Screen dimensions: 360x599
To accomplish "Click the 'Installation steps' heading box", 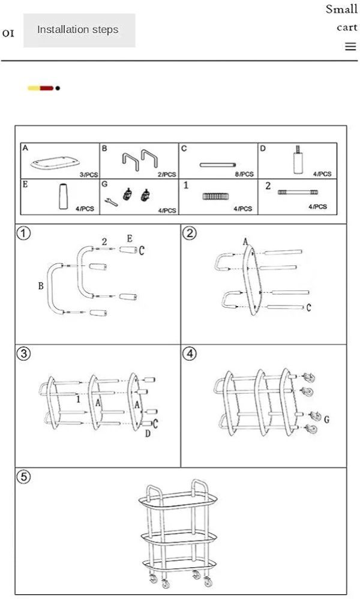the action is [x=79, y=31].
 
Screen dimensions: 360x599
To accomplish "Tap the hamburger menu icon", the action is [x=350, y=47].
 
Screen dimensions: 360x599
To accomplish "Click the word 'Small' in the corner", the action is [x=341, y=9].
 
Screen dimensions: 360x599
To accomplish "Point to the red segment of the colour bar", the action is [x=47, y=88].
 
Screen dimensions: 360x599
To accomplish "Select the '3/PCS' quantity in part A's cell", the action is [x=89, y=175].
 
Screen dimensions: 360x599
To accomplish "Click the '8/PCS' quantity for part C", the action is [x=244, y=174].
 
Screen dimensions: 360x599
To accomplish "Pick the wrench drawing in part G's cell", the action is [x=111, y=202].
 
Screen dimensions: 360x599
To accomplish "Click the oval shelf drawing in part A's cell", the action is [x=55, y=163].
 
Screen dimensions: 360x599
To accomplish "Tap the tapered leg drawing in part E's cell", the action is [x=64, y=196].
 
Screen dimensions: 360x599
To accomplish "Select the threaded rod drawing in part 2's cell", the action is [x=298, y=192].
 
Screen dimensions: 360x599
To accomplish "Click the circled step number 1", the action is [x=23, y=233].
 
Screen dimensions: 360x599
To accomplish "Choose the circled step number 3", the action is [x=23, y=354].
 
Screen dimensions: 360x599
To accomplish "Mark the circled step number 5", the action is [x=23, y=477].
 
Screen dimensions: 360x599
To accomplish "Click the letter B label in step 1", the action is [x=41, y=286].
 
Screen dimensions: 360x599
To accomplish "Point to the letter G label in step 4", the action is [x=327, y=420].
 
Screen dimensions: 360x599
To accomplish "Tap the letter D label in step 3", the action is [x=148, y=433].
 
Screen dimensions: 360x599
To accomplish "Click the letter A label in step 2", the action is [x=245, y=241].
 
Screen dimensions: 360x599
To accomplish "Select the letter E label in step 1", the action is [x=130, y=239].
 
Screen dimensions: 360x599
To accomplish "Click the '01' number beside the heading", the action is [x=8, y=34].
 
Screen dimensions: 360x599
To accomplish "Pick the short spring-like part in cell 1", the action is [x=215, y=196].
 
